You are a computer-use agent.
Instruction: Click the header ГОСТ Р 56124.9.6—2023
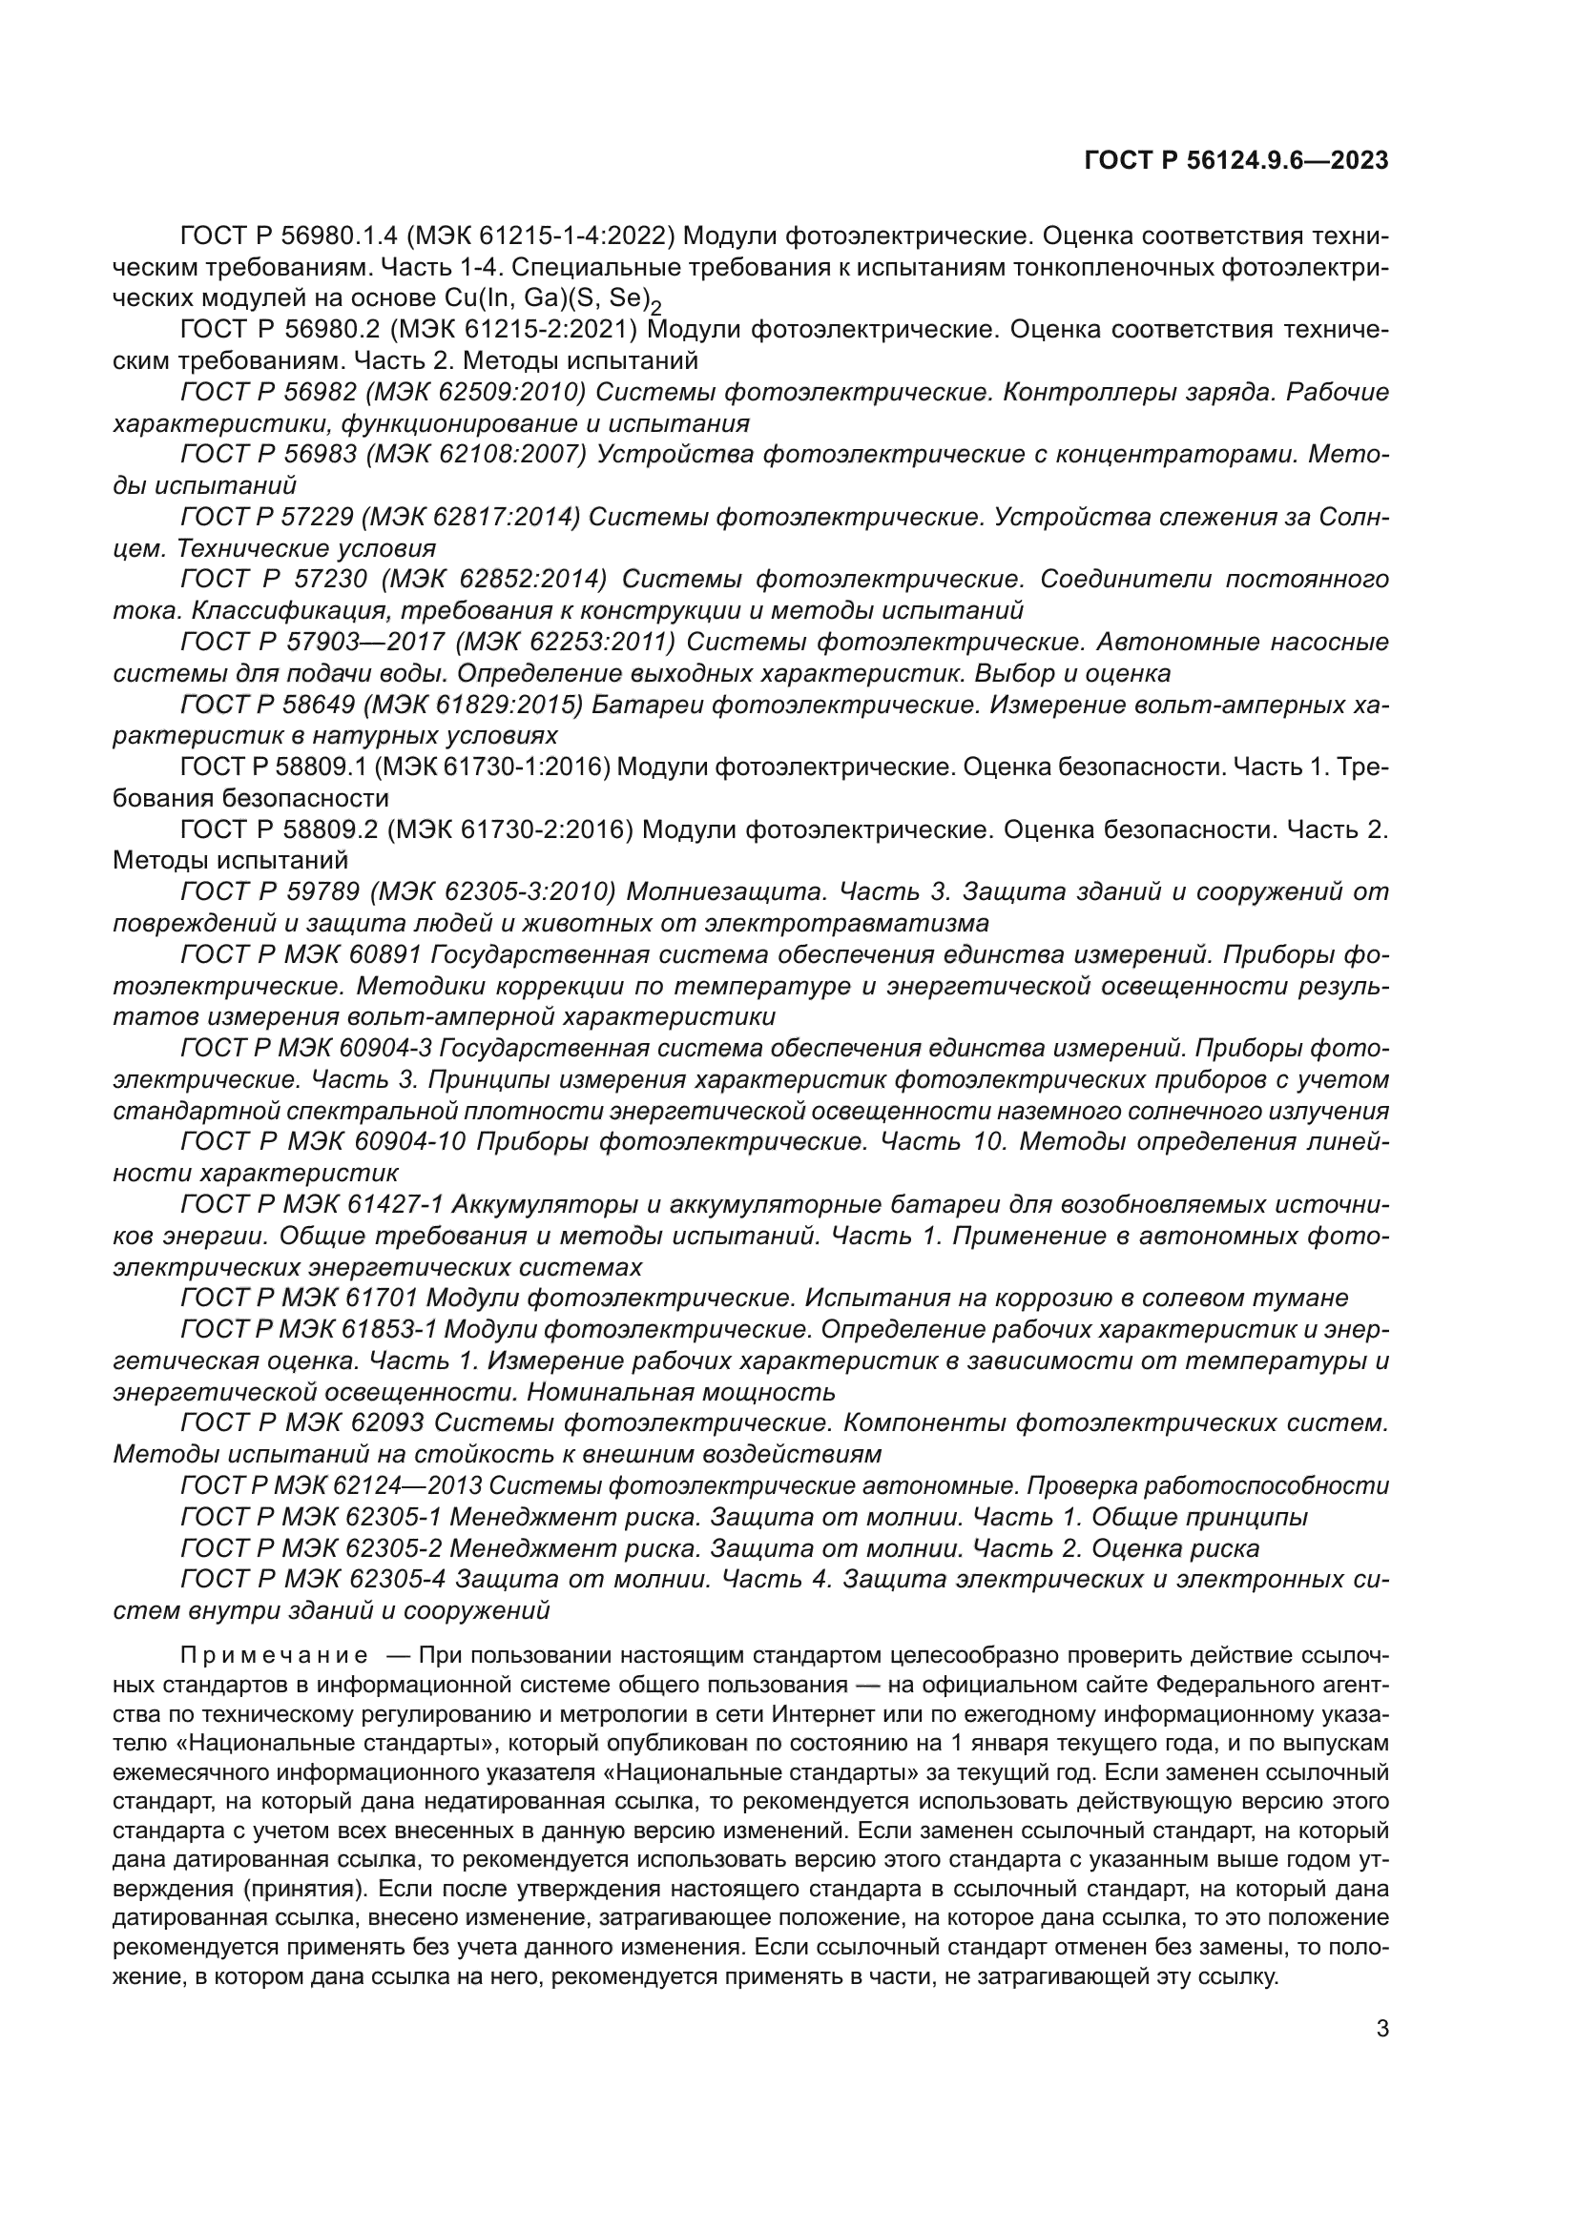point(1235,162)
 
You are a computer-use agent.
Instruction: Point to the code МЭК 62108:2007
point(476,455)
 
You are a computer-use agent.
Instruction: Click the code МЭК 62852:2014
point(493,580)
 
